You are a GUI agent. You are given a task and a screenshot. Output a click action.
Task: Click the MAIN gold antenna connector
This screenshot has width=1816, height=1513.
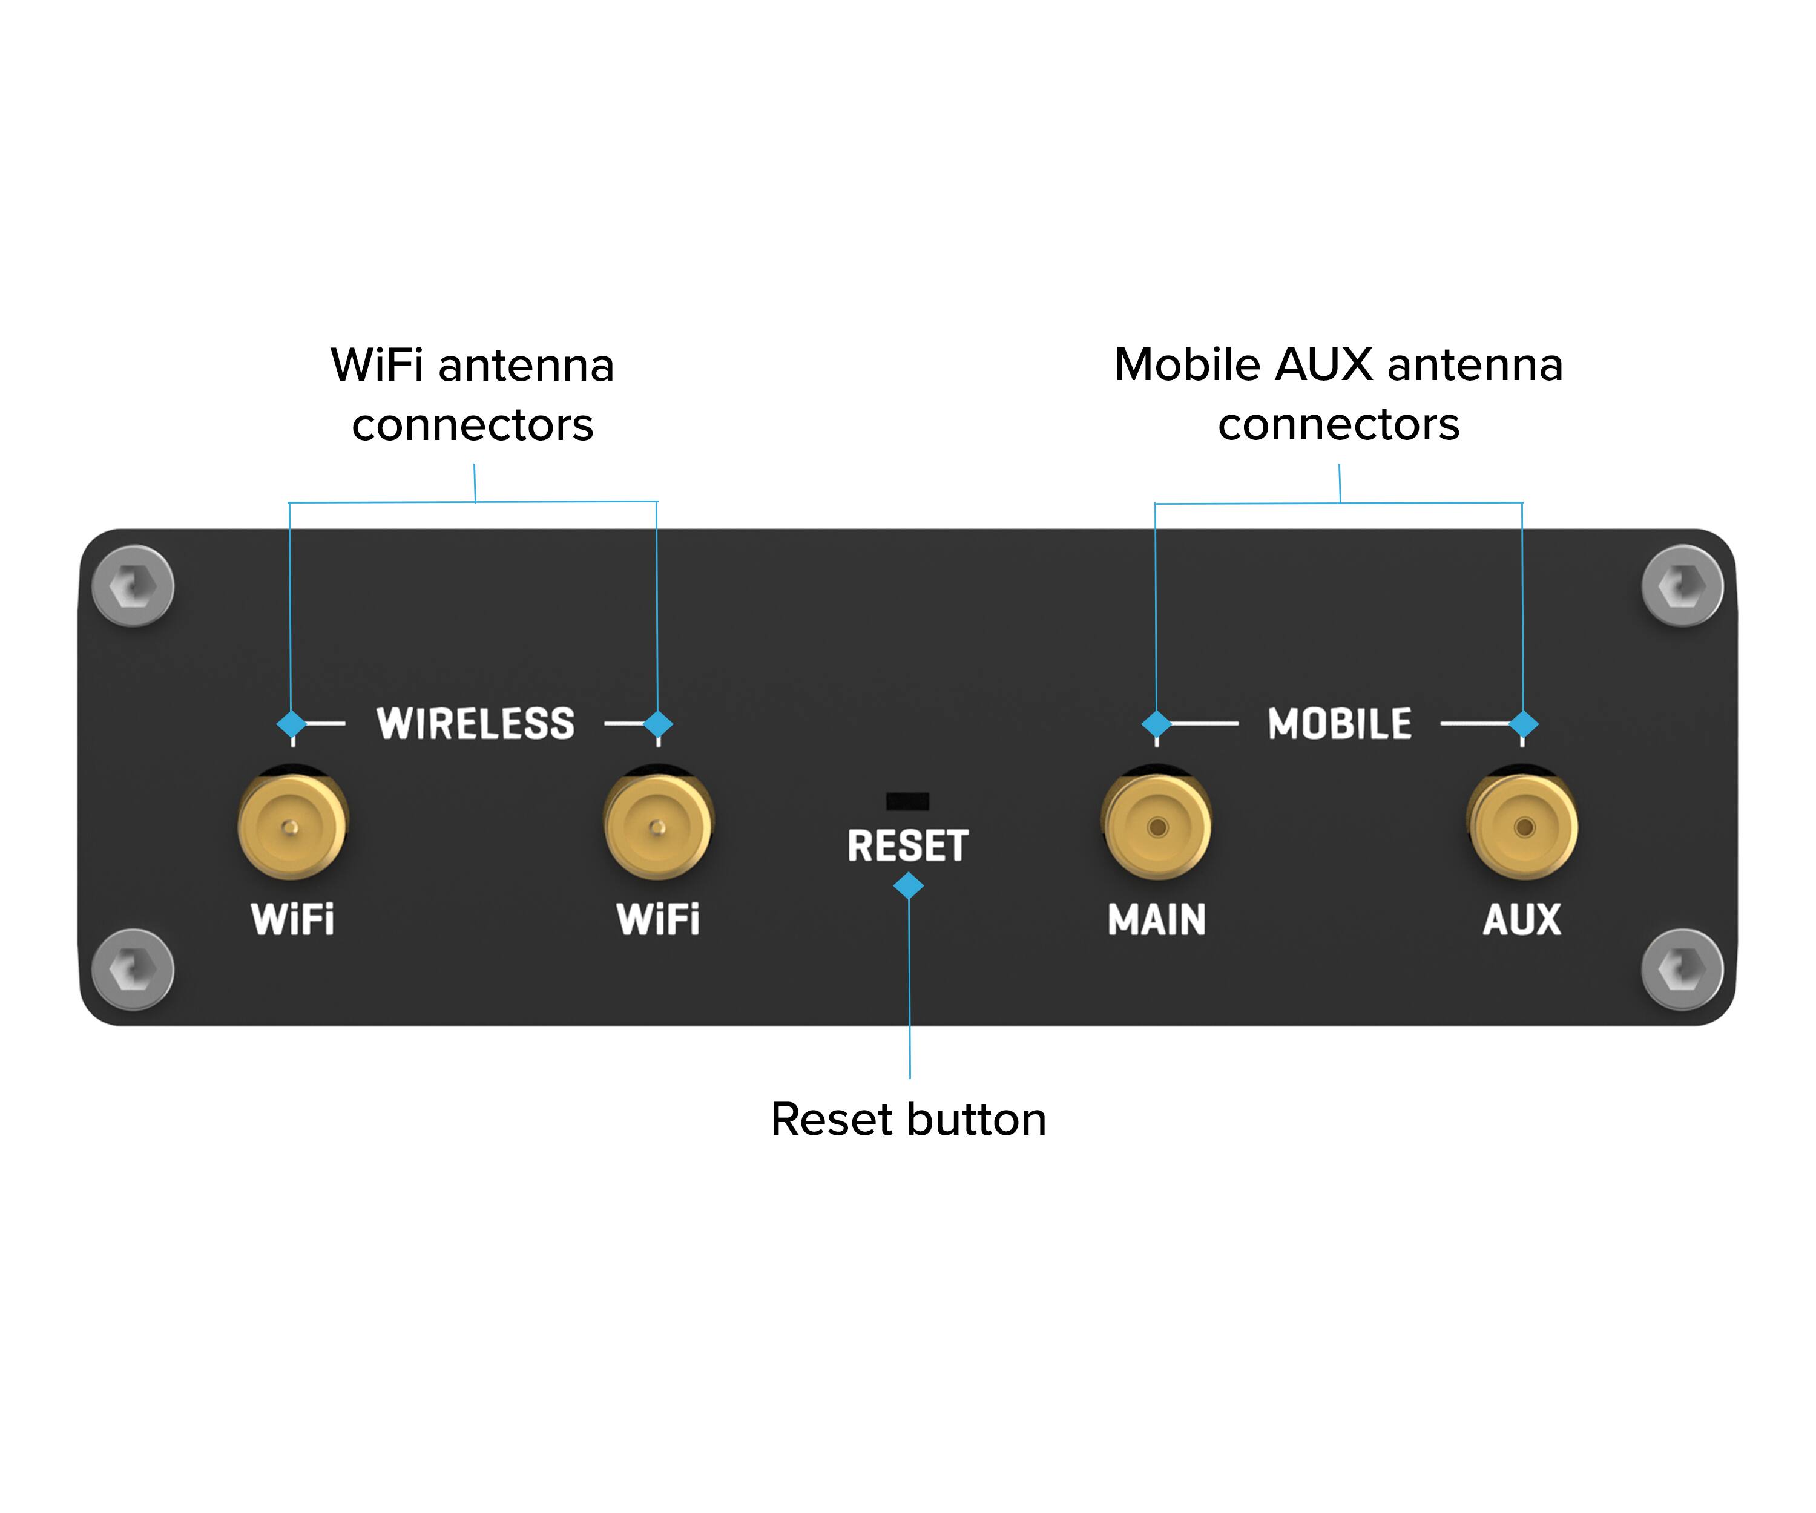point(1157,827)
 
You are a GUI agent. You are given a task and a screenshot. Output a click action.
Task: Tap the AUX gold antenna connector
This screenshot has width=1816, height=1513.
point(1524,827)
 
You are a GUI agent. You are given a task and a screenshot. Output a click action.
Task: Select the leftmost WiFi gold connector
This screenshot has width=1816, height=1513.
point(292,827)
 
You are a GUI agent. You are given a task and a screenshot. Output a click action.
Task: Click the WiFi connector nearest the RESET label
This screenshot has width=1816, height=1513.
point(658,827)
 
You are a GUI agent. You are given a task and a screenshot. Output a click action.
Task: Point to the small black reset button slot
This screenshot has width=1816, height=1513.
point(907,801)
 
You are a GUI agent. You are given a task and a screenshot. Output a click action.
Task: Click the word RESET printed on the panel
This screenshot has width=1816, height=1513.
point(907,845)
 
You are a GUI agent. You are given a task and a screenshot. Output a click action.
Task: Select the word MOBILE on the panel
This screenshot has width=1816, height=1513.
point(1340,724)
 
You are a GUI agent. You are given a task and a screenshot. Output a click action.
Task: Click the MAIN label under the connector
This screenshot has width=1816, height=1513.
point(1157,919)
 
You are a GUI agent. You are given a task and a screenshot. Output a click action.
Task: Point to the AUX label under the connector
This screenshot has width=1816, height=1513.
point(1522,919)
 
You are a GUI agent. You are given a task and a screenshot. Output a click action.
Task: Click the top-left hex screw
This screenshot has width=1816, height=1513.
point(133,586)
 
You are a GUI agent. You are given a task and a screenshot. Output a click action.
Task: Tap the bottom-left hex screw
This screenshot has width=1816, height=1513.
point(133,969)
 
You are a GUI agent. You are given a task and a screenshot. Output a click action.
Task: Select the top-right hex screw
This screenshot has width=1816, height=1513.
point(1682,586)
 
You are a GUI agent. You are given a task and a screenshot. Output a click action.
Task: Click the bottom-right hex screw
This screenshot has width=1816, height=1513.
point(1682,969)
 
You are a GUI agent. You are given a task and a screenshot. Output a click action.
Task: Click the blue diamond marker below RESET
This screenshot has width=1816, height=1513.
point(908,885)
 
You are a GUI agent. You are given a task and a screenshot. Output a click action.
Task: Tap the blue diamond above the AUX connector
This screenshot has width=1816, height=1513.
point(1523,724)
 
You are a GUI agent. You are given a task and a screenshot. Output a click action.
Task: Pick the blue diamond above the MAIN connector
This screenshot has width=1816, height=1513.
point(1156,724)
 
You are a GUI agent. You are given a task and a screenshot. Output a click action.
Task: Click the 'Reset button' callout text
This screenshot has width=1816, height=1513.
point(908,1120)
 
